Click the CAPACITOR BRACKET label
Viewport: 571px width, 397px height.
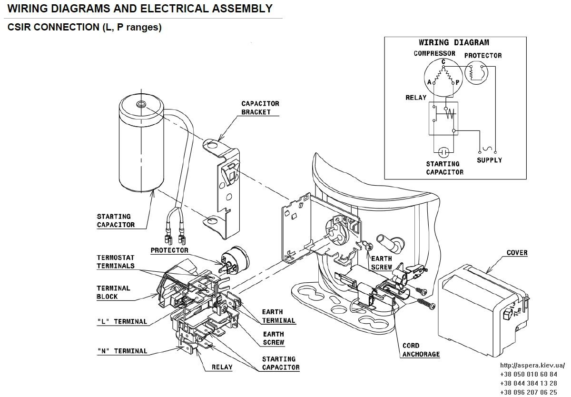point(260,108)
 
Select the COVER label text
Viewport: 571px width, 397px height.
point(517,253)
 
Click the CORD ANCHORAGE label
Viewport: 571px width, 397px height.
point(421,350)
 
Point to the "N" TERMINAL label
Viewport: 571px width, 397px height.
point(122,351)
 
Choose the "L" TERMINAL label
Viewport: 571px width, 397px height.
point(122,321)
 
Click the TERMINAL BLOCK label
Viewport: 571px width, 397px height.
point(113,292)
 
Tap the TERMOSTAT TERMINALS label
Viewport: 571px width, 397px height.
point(116,262)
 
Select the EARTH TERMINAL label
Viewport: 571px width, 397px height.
point(279,316)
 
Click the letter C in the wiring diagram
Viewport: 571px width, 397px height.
point(443,62)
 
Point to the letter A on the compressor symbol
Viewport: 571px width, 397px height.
point(429,82)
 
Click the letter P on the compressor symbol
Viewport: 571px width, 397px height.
point(457,82)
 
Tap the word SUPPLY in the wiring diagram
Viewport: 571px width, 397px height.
point(490,160)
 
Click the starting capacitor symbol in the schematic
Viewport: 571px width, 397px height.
point(443,152)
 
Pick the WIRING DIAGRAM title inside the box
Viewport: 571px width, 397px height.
point(454,42)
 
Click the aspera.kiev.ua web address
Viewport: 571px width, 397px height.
point(532,366)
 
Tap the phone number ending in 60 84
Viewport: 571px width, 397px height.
point(529,374)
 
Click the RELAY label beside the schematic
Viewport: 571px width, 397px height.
point(416,98)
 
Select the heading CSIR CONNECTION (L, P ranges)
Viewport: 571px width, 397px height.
point(85,27)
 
